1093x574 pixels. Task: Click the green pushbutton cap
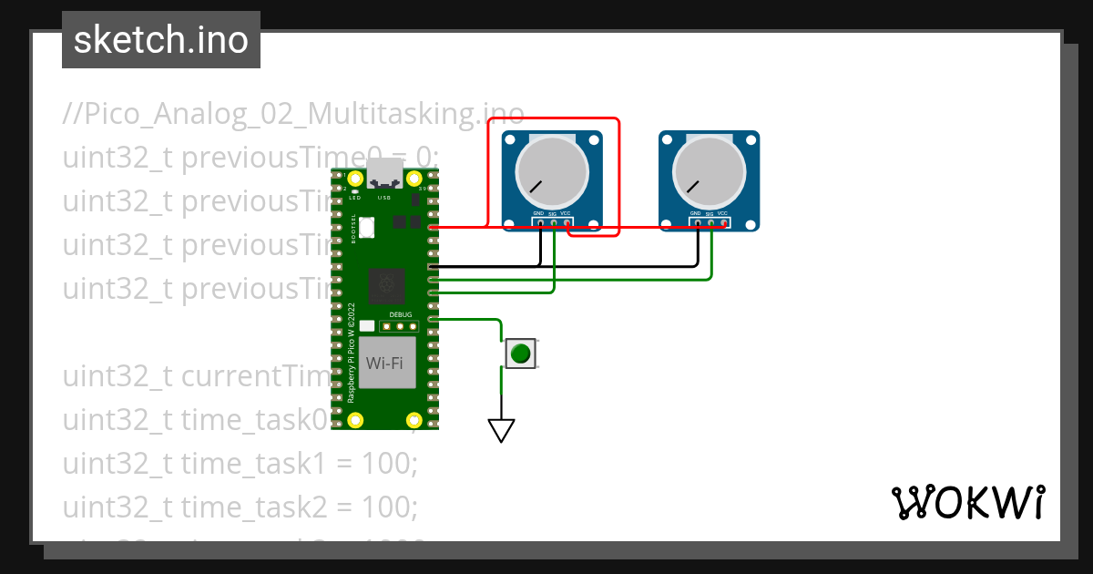520,354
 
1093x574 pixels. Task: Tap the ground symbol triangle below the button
501,429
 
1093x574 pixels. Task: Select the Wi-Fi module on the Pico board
385,363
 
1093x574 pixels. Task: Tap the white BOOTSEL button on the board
367,227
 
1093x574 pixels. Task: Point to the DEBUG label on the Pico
401,314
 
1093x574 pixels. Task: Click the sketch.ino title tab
161,40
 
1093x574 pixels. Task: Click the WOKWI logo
967,502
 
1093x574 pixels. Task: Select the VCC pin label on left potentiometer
566,213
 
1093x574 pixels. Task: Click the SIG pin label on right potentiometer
709,213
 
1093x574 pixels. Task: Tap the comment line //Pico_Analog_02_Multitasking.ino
293,114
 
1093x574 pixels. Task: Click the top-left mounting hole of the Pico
355,179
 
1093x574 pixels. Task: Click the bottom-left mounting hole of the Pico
355,420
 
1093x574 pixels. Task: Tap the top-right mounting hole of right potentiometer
751,141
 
